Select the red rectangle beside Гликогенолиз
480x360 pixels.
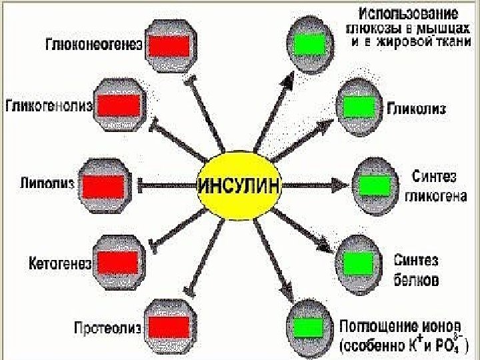pos(119,105)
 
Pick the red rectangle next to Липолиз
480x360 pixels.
pos(103,185)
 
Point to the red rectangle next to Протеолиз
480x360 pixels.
pos(169,327)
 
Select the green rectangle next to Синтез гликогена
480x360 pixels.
pos(375,185)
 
